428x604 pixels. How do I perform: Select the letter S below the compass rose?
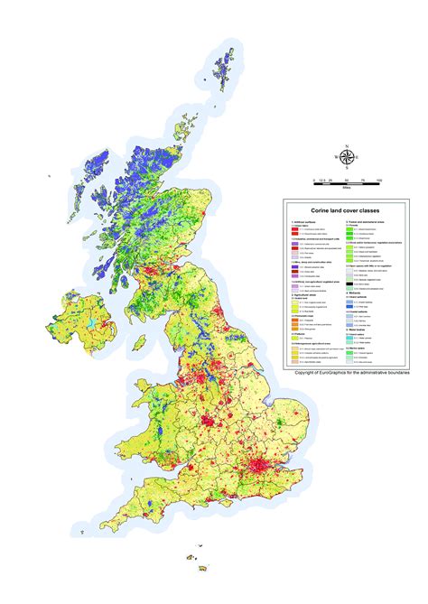[x=349, y=171]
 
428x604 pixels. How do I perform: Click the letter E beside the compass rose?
[x=363, y=156]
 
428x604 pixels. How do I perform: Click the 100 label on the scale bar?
[x=379, y=181]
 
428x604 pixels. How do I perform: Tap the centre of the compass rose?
[x=349, y=156]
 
